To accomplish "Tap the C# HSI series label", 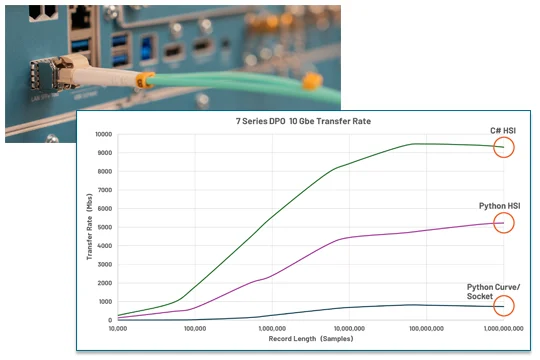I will (x=501, y=130).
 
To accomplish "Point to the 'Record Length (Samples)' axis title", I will (x=310, y=339).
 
